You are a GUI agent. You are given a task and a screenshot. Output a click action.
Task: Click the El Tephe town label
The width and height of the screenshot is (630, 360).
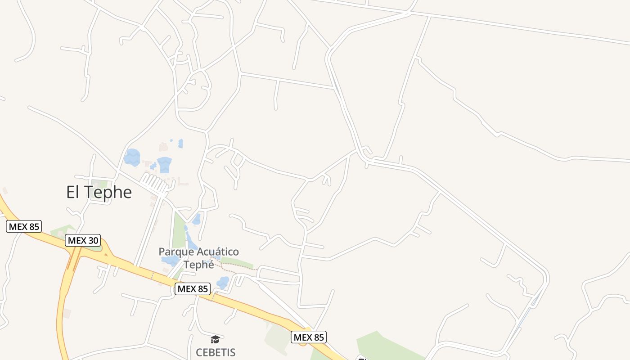99,192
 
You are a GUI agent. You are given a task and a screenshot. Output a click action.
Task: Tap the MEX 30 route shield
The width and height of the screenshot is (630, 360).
83,240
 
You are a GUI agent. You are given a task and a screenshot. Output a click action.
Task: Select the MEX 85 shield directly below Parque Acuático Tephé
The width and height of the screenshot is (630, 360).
193,289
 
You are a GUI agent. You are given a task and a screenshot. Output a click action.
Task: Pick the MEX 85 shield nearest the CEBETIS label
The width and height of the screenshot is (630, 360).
309,337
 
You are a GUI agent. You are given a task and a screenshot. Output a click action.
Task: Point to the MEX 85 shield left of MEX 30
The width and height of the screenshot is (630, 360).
24,226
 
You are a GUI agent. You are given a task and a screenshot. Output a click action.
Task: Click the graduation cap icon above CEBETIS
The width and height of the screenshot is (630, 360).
216,339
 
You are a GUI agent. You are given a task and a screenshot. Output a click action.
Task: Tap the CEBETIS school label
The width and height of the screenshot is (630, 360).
216,352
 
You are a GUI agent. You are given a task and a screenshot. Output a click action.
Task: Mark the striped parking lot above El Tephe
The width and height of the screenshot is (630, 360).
153,183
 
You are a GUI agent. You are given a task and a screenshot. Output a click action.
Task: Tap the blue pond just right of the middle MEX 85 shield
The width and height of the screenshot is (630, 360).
223,283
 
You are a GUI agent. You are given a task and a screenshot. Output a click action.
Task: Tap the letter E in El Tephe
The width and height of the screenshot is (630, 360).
71,193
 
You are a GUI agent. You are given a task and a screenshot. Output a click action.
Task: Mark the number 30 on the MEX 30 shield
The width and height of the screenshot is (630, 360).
92,240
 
